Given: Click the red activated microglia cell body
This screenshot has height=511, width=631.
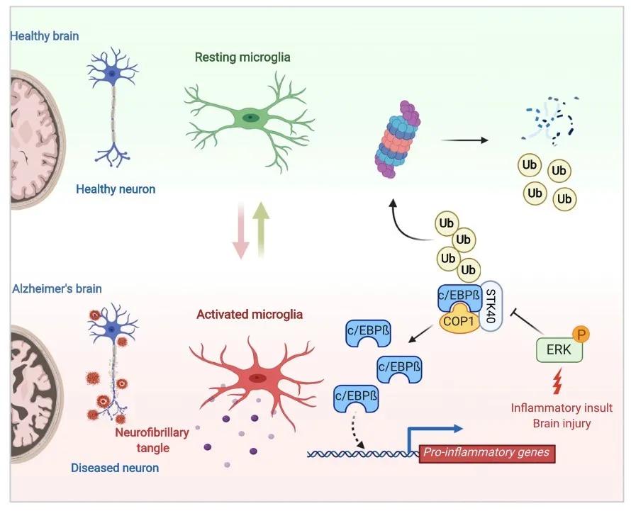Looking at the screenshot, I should click(x=257, y=378).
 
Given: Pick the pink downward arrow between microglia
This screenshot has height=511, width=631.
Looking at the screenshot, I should click(x=241, y=230).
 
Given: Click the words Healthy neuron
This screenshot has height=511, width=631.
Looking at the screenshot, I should click(x=116, y=189).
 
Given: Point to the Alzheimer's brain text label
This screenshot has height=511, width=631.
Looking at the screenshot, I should click(x=57, y=288).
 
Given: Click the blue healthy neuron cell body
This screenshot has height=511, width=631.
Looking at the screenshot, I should click(x=111, y=72).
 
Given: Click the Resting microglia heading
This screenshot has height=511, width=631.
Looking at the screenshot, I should click(x=243, y=57).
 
